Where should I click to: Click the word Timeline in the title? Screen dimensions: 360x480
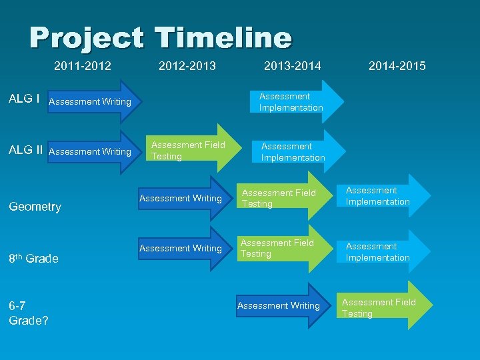(x=223, y=38)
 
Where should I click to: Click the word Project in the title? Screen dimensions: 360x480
(x=86, y=38)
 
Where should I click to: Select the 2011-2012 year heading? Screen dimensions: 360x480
(x=83, y=66)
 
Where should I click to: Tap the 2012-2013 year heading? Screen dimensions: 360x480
(x=187, y=66)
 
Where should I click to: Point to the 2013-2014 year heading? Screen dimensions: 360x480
(x=292, y=66)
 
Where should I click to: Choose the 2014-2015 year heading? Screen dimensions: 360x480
(x=397, y=66)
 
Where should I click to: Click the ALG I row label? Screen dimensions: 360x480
(x=23, y=99)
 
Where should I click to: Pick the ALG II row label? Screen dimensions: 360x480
(x=26, y=150)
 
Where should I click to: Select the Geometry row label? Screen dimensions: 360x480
(x=35, y=207)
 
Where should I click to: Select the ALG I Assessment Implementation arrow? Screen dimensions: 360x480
(x=293, y=102)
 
